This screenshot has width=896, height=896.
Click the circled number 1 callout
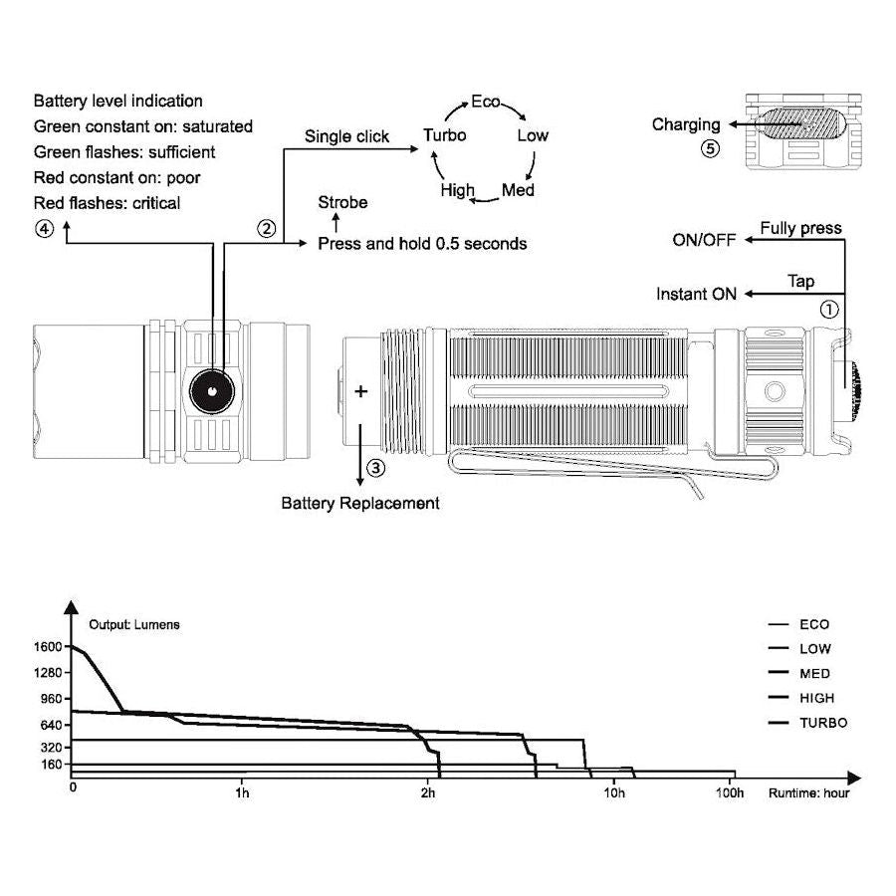click(828, 309)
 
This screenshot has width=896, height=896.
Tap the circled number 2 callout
click(266, 228)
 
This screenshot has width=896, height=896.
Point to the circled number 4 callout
click(43, 228)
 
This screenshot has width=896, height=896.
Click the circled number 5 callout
click(709, 148)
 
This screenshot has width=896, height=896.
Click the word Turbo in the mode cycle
click(444, 135)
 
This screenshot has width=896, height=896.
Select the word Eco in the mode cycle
click(486, 103)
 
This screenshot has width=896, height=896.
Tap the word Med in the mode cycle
click(518, 190)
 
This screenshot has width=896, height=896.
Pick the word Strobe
click(342, 203)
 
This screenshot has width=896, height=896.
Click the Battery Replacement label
click(359, 503)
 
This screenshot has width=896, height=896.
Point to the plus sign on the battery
click(360, 391)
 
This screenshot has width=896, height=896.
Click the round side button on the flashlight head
click(212, 391)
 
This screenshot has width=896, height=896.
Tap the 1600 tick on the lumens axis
click(48, 646)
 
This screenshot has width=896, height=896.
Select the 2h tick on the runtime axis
click(428, 793)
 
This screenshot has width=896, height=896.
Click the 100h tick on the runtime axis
click(730, 793)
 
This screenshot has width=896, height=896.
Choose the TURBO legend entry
click(823, 723)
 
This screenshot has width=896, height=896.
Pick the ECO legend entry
click(813, 625)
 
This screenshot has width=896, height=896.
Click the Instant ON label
click(696, 294)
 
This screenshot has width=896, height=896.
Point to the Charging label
click(686, 124)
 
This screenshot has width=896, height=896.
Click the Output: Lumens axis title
click(134, 625)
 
